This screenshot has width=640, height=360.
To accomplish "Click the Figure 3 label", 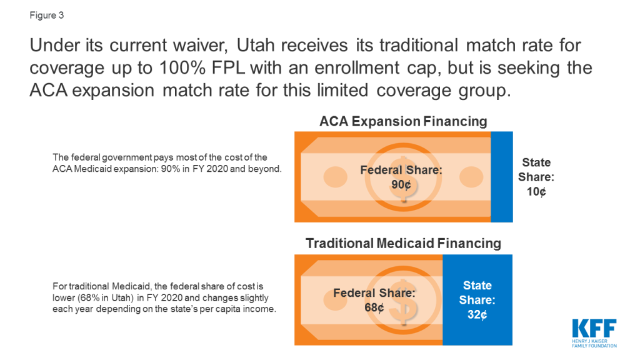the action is click(x=46, y=16).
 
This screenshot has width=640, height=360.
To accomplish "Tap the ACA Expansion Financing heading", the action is click(x=403, y=121).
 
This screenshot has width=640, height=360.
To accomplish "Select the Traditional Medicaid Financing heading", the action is click(x=403, y=243).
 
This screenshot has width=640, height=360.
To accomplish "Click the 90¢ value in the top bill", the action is click(x=401, y=185).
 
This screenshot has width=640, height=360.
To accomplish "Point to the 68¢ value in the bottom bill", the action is click(x=374, y=307).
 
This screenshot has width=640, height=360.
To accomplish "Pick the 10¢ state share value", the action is click(x=536, y=191).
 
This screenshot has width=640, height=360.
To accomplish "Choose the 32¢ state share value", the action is click(x=477, y=315).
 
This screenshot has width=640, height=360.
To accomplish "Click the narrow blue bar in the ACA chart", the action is click(x=502, y=177).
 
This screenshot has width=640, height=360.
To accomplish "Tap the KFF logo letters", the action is click(x=594, y=328).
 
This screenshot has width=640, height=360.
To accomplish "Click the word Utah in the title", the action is click(x=256, y=45).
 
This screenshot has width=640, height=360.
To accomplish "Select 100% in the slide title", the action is click(x=182, y=67).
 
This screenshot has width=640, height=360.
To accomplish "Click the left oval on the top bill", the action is click(x=336, y=177).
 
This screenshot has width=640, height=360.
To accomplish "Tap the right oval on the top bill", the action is click(x=471, y=177).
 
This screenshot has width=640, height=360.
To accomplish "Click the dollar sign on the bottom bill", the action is click(x=403, y=301).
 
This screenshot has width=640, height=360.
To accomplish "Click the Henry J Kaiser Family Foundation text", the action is click(x=594, y=343).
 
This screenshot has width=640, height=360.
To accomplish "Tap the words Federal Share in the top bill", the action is click(x=401, y=170).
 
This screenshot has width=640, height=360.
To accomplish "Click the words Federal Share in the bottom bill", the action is click(x=374, y=292).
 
